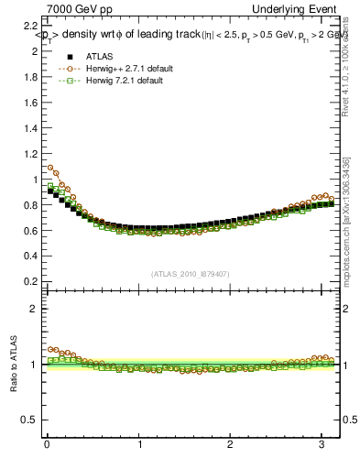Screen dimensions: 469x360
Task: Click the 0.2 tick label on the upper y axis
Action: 34,281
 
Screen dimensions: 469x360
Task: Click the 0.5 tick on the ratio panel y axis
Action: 34,420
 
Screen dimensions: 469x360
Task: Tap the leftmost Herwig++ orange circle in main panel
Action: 50,168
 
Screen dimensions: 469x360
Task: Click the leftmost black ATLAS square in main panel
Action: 50,191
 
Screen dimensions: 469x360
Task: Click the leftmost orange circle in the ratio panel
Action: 50,349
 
